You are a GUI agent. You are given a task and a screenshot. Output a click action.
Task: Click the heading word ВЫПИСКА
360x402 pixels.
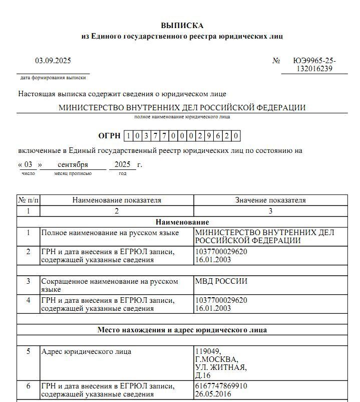182,26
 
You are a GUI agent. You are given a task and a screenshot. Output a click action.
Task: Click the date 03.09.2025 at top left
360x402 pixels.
53,61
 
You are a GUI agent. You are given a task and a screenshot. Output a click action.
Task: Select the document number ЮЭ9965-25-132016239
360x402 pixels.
314,65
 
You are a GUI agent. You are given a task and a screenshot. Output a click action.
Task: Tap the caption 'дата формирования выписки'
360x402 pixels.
53,78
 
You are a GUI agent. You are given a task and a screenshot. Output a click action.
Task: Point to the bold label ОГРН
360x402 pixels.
109,136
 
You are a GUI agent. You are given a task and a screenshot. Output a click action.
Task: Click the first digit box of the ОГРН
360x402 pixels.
129,136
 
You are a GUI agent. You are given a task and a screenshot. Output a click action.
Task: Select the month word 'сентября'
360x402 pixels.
73,164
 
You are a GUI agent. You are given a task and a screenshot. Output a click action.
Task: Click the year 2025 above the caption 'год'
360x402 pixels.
122,164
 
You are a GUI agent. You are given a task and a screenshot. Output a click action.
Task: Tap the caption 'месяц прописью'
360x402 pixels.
73,173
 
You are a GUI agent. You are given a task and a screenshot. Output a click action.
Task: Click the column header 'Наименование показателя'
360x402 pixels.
117,200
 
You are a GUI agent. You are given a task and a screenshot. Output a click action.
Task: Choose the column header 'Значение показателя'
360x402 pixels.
270,200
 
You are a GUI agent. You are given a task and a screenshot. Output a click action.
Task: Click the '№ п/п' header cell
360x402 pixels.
29,200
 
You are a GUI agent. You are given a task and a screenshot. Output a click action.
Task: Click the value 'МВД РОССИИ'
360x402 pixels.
221,281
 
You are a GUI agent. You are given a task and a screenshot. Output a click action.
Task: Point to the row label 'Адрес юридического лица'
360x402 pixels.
86,351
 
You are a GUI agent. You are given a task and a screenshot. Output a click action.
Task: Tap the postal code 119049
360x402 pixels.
207,351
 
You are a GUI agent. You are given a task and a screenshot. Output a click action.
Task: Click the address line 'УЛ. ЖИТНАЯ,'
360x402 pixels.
221,367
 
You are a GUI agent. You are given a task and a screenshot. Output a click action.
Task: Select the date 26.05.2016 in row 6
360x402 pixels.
213,394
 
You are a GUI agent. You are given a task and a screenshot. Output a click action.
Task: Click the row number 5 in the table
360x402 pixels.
29,351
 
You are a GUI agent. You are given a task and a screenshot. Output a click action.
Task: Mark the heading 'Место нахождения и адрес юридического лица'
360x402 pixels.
182,330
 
